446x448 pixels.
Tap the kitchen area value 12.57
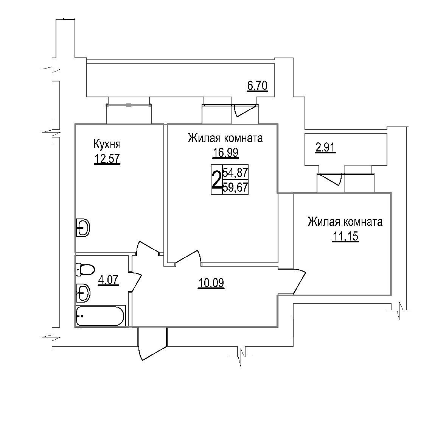(107, 158)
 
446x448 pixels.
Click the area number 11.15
(345, 236)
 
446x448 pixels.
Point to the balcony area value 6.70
(257, 86)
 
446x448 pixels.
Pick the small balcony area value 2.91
(325, 148)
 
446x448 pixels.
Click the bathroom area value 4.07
(108, 280)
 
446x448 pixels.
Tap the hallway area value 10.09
(211, 283)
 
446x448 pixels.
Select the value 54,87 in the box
(235, 173)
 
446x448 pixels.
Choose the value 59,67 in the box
(235, 187)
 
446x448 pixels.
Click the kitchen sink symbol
(83, 228)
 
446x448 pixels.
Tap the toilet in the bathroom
(85, 270)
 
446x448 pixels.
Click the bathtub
(100, 316)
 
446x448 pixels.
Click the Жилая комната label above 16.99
(225, 138)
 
